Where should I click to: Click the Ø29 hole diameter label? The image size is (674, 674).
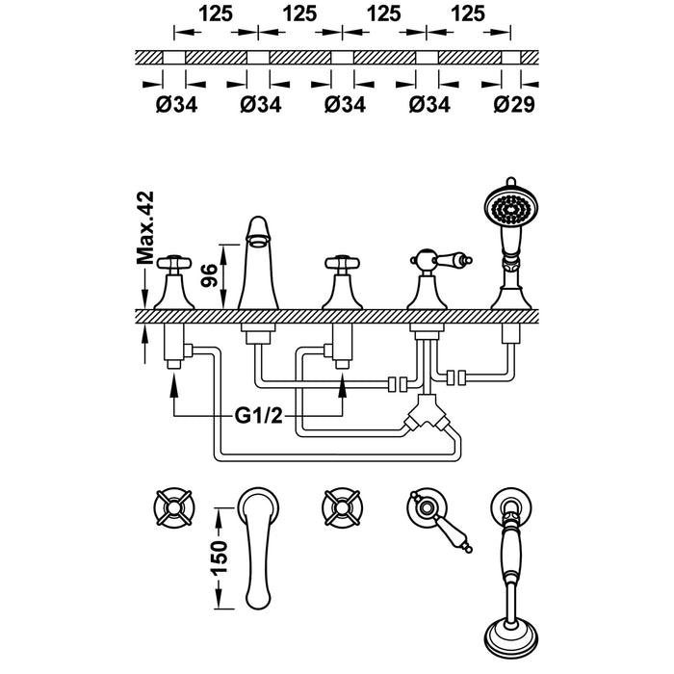coord(508,105)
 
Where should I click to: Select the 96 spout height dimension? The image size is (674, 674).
coord(206,274)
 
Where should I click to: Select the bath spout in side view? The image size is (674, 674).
coord(258,265)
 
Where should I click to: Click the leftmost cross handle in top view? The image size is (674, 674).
coord(176,508)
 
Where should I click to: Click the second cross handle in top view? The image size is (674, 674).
coord(341,508)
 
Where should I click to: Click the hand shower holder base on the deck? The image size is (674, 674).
coord(510,294)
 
